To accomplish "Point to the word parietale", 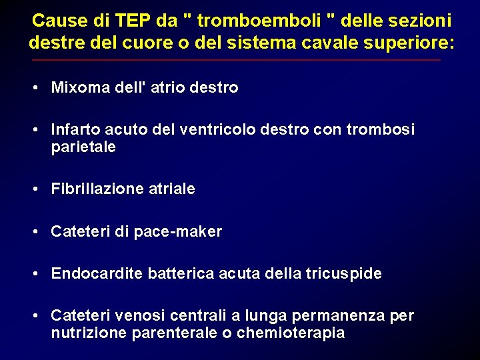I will click(83, 147).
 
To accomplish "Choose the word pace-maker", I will click(178, 231).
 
